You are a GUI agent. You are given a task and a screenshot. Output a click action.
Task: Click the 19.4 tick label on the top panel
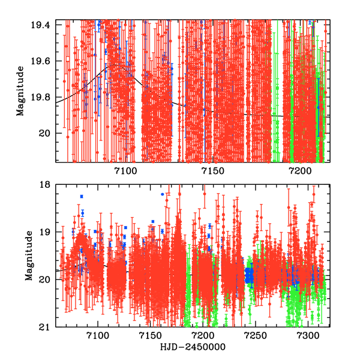pyautogui.click(x=44, y=25)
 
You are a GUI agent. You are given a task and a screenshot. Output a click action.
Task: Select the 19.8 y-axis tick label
pyautogui.click(x=44, y=97)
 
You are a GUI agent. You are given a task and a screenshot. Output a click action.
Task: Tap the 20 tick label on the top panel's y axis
pyautogui.click(x=48, y=133)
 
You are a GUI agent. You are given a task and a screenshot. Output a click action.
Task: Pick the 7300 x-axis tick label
pyautogui.click(x=308, y=336)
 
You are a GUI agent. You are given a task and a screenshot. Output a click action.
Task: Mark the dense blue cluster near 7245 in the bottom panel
pyautogui.click(x=249, y=275)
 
